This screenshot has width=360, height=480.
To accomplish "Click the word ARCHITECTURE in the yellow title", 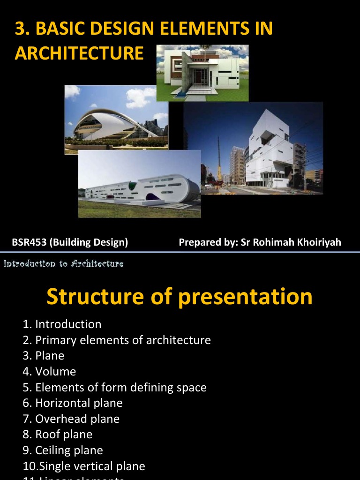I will pos(79,53).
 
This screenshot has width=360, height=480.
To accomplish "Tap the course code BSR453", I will pos(29,242).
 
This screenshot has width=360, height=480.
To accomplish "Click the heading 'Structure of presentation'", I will pos(180,296).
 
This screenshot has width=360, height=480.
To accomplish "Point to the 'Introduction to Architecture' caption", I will pos(63,264).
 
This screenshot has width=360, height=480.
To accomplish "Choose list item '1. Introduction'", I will pos(62,324).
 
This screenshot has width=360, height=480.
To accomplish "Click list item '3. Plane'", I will pos(43,356).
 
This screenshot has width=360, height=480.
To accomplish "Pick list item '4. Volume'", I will pos(49,372).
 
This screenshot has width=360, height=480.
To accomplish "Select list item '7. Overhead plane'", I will pos(71,419).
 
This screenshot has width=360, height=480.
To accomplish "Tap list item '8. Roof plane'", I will pos(57,435).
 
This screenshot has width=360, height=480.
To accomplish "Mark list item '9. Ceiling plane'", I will pos(62,450).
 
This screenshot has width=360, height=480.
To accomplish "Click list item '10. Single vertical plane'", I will pos(84,466).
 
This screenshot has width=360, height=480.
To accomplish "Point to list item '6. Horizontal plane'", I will pos(72,403).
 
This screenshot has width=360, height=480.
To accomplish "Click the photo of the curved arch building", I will pos(116,120).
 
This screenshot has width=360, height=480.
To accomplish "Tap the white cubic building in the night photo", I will pos(270,150).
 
